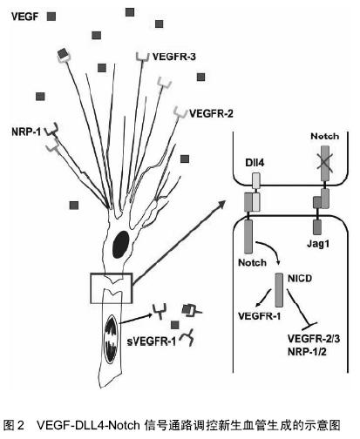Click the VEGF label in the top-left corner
tap(24, 17)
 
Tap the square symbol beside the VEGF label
tap(51, 17)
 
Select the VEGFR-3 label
tap(174, 57)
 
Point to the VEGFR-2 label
tap(211, 113)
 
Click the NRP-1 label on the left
tap(26, 132)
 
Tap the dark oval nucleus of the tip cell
tap(121, 244)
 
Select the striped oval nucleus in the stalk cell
tap(112, 339)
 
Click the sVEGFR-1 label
tap(152, 341)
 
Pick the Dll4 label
tap(255, 163)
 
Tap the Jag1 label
tap(318, 244)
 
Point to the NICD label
tap(300, 279)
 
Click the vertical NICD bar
tap(279, 290)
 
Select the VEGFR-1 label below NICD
tap(260, 316)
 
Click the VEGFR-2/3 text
tap(314, 339)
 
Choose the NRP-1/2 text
tap(307, 352)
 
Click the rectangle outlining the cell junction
tap(91, 288)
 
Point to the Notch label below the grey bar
tap(252, 262)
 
